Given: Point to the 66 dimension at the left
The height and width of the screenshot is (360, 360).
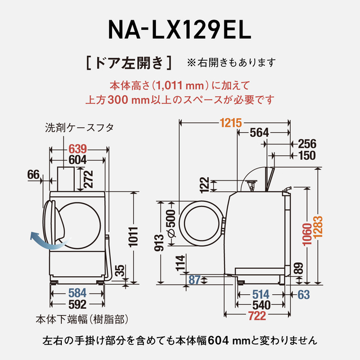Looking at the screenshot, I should pyautogui.click(x=33, y=175).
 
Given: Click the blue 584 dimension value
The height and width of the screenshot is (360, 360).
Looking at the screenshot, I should pyautogui.click(x=76, y=292).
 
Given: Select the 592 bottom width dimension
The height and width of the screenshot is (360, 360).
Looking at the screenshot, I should pyautogui.click(x=76, y=305).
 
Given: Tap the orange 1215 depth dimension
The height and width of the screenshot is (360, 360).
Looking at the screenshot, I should pyautogui.click(x=230, y=122).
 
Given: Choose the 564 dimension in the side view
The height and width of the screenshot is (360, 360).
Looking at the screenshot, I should pyautogui.click(x=259, y=133).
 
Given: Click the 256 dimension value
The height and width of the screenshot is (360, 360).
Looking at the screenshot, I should pyautogui.click(x=307, y=144).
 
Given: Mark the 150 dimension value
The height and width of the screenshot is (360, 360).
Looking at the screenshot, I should pyautogui.click(x=307, y=156).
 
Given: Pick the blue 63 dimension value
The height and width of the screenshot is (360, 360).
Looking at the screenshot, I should pyautogui.click(x=304, y=293).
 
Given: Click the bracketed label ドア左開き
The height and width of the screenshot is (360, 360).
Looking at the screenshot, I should pyautogui.click(x=129, y=61).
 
